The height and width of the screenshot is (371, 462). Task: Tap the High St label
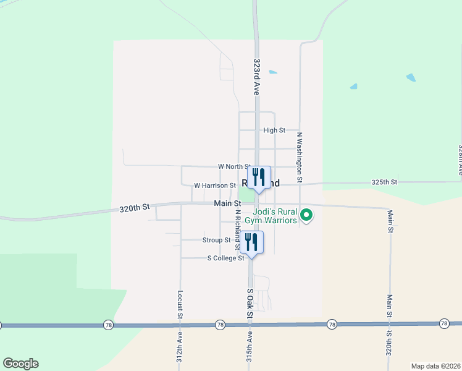[x=274, y=130]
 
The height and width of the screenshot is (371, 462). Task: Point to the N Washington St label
[x=300, y=157]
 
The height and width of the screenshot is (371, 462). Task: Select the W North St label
[x=233, y=166]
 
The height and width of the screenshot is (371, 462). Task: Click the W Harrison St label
[x=215, y=185]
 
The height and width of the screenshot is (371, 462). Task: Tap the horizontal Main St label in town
[x=227, y=203]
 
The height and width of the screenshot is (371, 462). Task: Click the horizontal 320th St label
[x=135, y=209]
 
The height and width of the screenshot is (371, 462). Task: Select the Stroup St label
[x=216, y=240]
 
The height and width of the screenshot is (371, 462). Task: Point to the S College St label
[x=225, y=258]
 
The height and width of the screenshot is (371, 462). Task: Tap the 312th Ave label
[x=180, y=349]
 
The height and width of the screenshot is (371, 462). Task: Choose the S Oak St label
[x=250, y=304]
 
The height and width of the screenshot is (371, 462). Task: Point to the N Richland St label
[x=237, y=229]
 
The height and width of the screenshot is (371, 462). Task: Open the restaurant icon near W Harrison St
[x=259, y=177]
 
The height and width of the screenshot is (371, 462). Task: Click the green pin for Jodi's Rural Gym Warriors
[x=306, y=215]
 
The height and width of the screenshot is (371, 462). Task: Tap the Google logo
[x=20, y=364]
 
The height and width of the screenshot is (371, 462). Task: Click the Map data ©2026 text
[x=435, y=366]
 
